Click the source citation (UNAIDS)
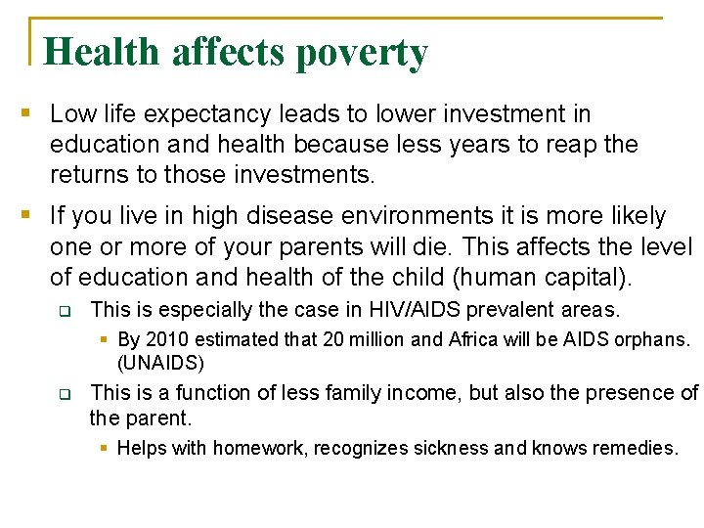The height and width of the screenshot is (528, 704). pyautogui.click(x=160, y=363)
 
